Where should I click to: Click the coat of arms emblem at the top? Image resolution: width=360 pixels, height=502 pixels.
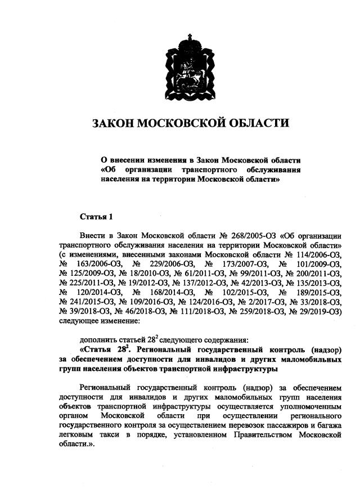coord(189,66)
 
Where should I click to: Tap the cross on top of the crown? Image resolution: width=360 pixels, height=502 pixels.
coord(189,37)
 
